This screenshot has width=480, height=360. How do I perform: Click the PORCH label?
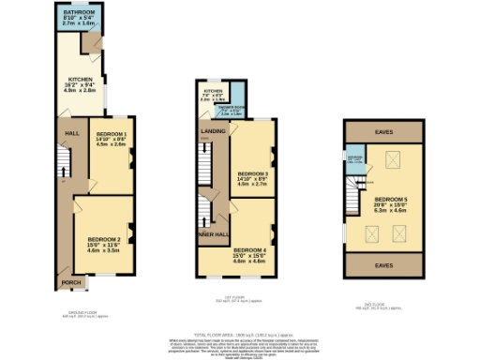(69, 281)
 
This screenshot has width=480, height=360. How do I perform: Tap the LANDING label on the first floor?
(214, 131)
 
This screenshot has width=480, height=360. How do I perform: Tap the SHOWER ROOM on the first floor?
(231, 110)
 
